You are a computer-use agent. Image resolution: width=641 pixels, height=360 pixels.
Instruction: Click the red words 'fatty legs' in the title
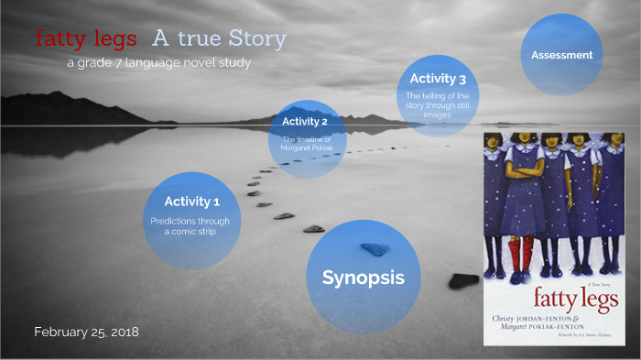pyautogui.click(x=86, y=39)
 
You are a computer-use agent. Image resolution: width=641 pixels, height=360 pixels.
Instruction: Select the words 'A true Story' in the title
pyautogui.click(x=219, y=39)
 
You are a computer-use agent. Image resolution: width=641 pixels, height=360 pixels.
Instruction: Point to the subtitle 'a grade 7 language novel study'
pyautogui.click(x=158, y=62)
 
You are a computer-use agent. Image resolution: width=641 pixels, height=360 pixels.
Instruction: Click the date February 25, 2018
pyautogui.click(x=86, y=332)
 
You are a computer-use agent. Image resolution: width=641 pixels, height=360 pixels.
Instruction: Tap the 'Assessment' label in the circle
pyautogui.click(x=561, y=55)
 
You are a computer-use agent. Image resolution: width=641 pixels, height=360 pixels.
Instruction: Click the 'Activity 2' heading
pyautogui.click(x=305, y=122)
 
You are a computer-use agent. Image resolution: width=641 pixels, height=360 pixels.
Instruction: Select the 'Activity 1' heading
pyautogui.click(x=192, y=202)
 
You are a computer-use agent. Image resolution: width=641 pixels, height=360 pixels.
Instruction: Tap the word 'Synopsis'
pyautogui.click(x=363, y=278)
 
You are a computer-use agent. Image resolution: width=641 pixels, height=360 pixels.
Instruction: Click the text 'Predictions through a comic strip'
pyautogui.click(x=190, y=225)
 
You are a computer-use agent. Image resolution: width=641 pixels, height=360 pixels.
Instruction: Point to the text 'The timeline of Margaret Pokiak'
pyautogui.click(x=306, y=144)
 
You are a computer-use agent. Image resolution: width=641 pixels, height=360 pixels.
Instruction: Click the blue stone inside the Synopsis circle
pyautogui.click(x=375, y=248)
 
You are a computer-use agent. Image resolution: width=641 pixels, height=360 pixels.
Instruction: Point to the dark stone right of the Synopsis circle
pyautogui.click(x=464, y=281)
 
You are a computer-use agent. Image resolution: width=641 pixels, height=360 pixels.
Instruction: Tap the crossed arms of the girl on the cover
pyautogui.click(x=525, y=172)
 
